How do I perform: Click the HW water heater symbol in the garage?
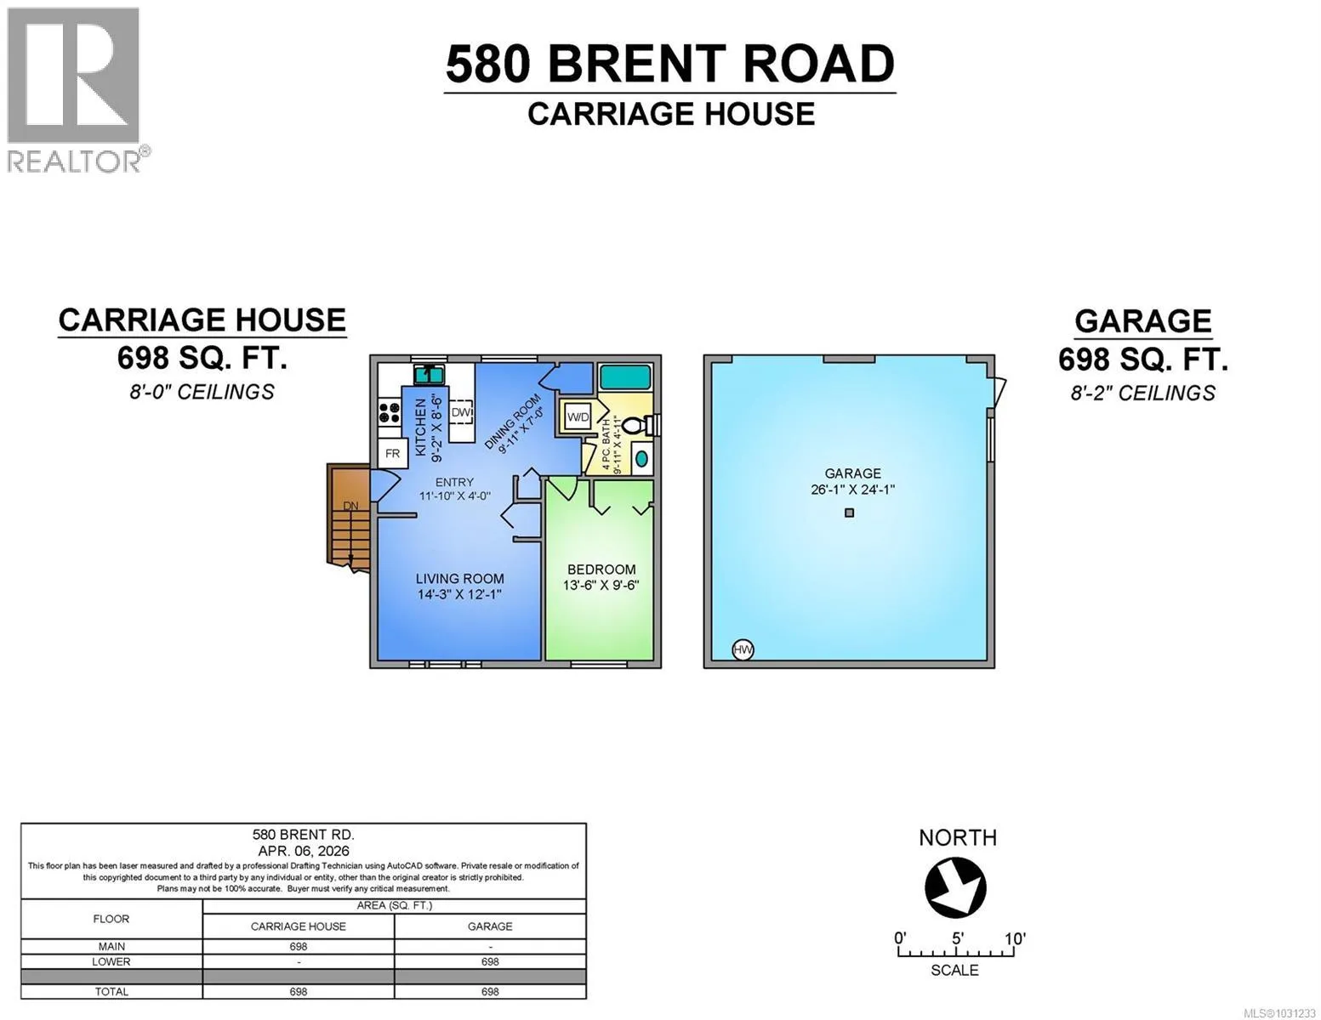pos(743,649)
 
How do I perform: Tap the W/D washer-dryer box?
pos(578,416)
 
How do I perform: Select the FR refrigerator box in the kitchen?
pos(393,453)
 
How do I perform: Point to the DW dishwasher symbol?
pos(461,412)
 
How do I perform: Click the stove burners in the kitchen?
pos(390,411)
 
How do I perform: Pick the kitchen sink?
pos(430,374)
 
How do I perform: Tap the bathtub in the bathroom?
pos(625,377)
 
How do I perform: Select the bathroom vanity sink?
pos(642,459)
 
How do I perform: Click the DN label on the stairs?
pos(350,506)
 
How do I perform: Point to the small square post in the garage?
pos(849,513)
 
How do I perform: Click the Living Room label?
pos(459,578)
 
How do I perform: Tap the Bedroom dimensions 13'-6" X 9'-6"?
pos(601,586)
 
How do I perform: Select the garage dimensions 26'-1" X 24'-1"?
pos(852,490)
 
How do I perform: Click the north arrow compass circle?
pos(955,887)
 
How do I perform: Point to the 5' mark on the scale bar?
pos(958,938)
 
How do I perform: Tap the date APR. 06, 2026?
pos(304,851)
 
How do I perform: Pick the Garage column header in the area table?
pos(490,926)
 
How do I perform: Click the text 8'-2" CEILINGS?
pos(1143,393)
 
